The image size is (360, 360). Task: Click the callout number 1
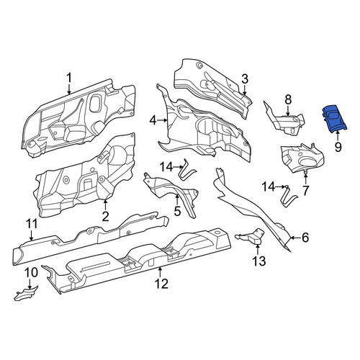click(69, 78)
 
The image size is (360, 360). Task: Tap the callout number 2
click(105, 217)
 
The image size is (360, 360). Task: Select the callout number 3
click(245, 79)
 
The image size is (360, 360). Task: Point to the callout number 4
click(153, 120)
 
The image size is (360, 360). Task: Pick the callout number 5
click(177, 211)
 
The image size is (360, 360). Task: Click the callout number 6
click(305, 238)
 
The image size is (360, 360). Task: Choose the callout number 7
click(305, 191)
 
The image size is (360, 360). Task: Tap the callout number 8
click(288, 99)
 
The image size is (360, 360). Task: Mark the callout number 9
click(338, 147)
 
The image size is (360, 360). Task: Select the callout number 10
click(31, 273)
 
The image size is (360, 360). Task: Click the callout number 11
click(31, 224)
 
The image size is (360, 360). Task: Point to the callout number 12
click(161, 284)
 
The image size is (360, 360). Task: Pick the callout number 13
click(258, 261)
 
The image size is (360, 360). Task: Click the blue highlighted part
click(334, 119)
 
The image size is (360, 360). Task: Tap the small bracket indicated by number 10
click(26, 292)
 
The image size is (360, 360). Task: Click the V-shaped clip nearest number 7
click(289, 197)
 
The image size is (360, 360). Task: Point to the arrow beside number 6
click(295, 238)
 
